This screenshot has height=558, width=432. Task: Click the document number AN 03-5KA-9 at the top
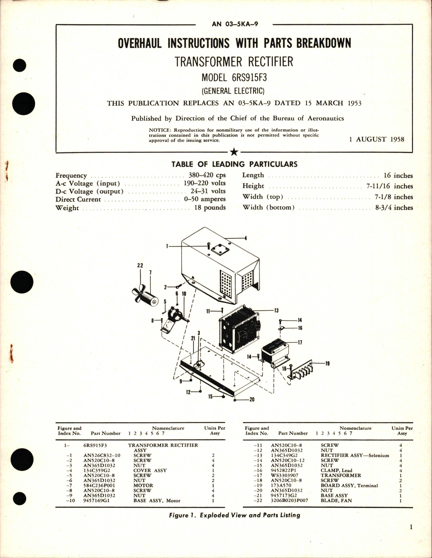pyautogui.click(x=235, y=24)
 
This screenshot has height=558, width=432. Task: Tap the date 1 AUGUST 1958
pyautogui.click(x=377, y=139)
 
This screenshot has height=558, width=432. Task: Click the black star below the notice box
pyautogui.click(x=234, y=152)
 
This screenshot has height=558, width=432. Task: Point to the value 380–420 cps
pyautogui.click(x=207, y=175)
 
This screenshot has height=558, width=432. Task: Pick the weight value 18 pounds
pyautogui.click(x=210, y=207)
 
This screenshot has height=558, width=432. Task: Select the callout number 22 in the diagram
pyautogui.click(x=140, y=266)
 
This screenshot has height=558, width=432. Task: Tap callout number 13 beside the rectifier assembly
pyautogui.click(x=276, y=310)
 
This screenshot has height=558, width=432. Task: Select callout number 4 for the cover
pyautogui.click(x=245, y=238)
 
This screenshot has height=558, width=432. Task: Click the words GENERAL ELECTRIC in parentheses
pyautogui.click(x=234, y=91)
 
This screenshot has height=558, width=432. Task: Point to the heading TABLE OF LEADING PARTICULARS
pyautogui.click(x=234, y=164)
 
